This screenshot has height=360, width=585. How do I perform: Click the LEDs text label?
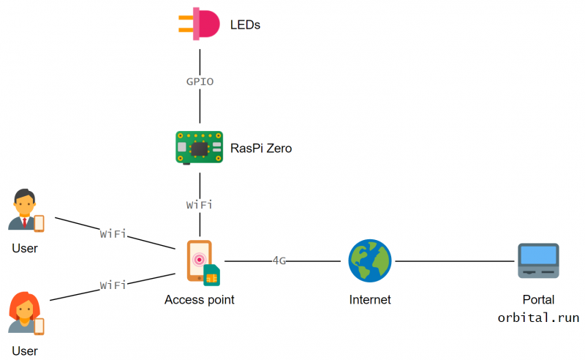tap(245, 26)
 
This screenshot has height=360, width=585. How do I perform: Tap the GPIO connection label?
tap(200, 82)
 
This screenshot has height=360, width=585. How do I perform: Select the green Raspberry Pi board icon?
tap(199, 147)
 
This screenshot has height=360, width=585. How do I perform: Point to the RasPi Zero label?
tap(261, 149)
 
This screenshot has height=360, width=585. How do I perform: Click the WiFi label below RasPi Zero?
tap(200, 205)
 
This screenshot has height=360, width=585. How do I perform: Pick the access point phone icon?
tap(199, 260)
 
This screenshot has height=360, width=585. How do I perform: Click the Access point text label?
tap(200, 300)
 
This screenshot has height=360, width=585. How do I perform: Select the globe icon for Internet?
tap(369, 261)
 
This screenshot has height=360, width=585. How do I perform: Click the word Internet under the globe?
tap(370, 300)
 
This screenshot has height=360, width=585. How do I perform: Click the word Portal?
tap(538, 300)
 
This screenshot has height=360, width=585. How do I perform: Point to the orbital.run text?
tap(538, 318)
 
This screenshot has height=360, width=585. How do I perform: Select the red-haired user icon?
tap(25, 314)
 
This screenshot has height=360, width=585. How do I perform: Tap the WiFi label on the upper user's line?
tap(113, 234)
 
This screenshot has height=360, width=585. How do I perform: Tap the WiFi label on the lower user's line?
tap(113, 285)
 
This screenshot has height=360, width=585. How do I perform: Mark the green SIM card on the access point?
tap(211, 274)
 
